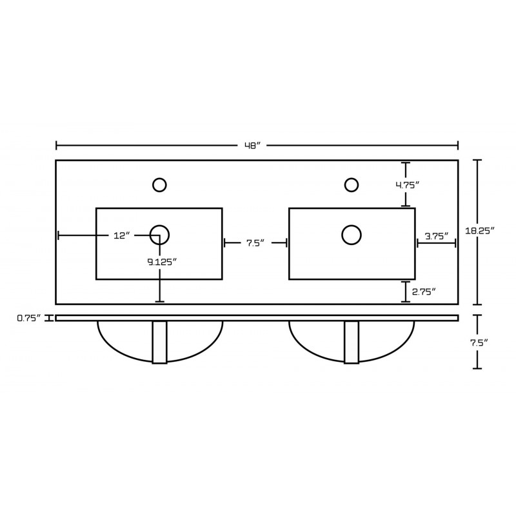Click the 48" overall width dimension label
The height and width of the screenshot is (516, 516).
pos(252,146)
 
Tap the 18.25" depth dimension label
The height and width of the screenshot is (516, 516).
pos(480,230)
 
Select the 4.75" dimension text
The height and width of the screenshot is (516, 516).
pos(408,185)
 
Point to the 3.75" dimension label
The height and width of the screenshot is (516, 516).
pos(437,236)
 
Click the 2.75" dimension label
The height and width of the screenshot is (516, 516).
pos(424,292)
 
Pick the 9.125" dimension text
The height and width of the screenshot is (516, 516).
pos(162,262)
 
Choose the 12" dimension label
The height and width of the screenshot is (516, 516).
pos(122,235)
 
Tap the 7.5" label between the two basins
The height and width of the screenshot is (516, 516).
pos(255,243)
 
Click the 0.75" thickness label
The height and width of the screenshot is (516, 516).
pos(29,318)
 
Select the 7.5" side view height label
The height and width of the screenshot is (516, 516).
pos(478,342)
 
